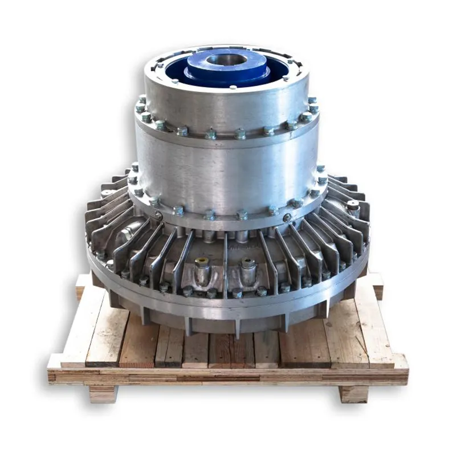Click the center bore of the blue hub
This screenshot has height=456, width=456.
[x=227, y=59]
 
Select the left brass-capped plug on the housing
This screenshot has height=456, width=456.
[x=201, y=263]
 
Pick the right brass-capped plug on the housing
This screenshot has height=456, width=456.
[x=247, y=263]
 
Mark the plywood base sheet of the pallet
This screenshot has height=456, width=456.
[x=228, y=376]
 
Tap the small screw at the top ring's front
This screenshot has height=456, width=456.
[x=233, y=87]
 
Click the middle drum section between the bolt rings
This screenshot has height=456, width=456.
[x=228, y=171]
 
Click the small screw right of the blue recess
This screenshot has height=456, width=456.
[x=285, y=78]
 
